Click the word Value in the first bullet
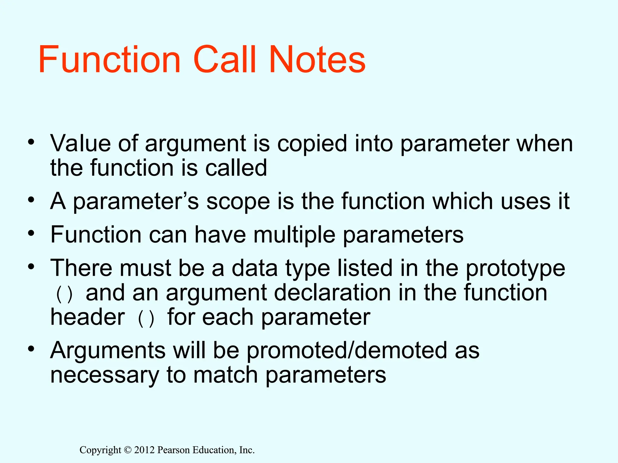[81, 143]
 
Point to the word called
[236, 168]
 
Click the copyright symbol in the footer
[128, 450]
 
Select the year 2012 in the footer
[145, 450]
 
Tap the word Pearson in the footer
[174, 450]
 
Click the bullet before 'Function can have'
[31, 233]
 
